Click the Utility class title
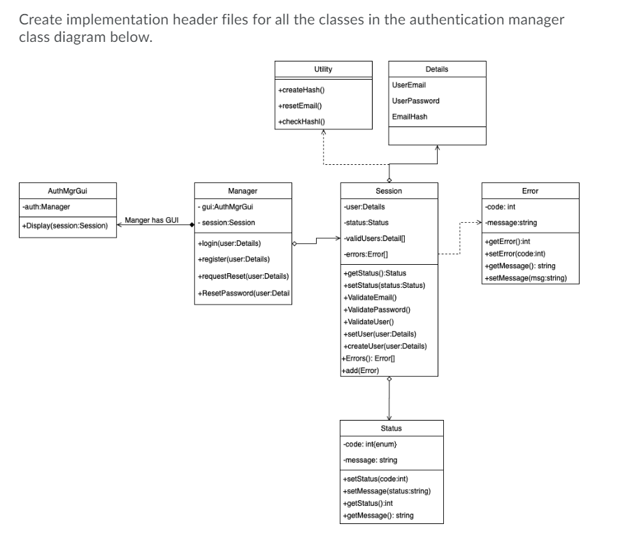click(x=323, y=69)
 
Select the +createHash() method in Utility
click(x=301, y=90)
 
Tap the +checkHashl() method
click(x=301, y=122)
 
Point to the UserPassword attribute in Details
click(x=416, y=101)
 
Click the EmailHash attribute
click(x=410, y=117)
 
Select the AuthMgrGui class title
click(x=67, y=191)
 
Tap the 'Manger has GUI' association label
click(x=151, y=221)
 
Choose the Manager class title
click(x=243, y=191)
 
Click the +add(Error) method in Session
click(x=360, y=370)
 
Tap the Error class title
click(x=530, y=191)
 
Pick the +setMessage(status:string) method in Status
click(x=386, y=490)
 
